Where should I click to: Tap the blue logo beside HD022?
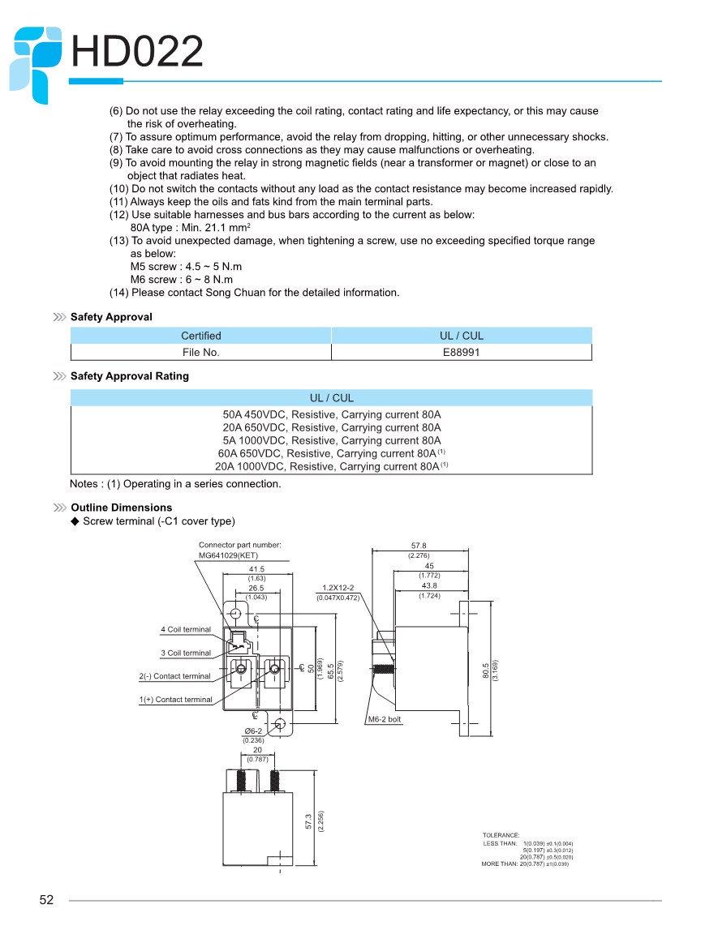point(36,63)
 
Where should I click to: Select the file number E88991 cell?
point(462,352)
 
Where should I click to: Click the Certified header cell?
point(200,336)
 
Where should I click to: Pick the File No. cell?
point(200,352)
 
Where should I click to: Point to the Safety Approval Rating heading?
point(129,376)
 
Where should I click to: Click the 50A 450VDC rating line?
point(332,414)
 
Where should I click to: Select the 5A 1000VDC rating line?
point(332,440)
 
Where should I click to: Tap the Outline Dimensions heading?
point(121,508)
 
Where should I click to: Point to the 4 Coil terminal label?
point(185,629)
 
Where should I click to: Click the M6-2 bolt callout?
point(385,719)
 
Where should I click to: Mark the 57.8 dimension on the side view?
point(419,546)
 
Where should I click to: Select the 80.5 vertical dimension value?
point(485,670)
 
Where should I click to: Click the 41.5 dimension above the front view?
point(256,569)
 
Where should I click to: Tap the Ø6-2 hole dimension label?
point(253,731)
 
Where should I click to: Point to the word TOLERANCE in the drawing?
point(501,835)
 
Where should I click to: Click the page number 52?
point(46,900)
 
